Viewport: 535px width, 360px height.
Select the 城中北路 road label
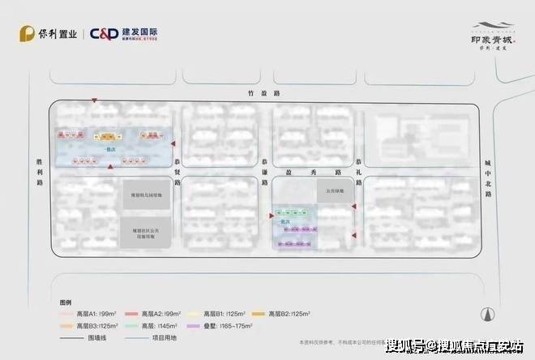[487, 170]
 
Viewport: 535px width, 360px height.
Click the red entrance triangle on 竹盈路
[95, 101]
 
